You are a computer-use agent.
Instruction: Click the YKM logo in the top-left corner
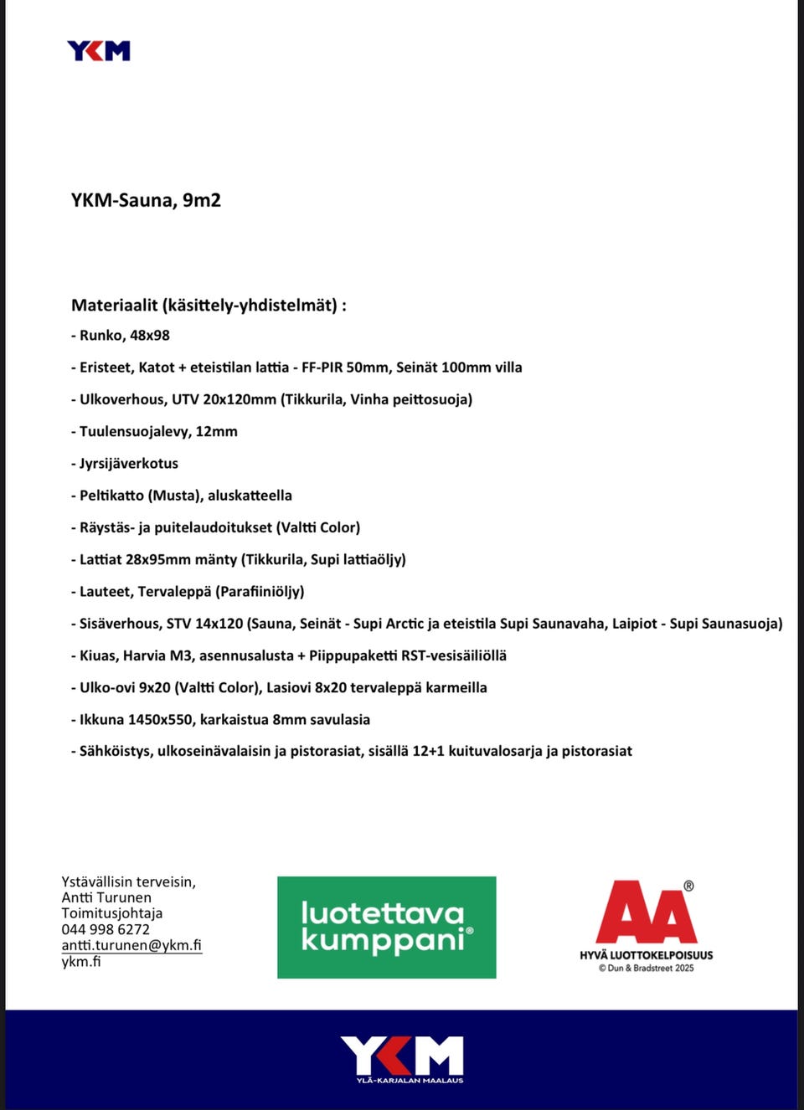point(99,51)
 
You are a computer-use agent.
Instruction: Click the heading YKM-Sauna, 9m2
point(146,200)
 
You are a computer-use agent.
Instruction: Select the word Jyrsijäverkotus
point(129,464)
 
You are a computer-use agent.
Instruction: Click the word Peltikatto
point(111,496)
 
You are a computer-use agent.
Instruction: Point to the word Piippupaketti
point(353,655)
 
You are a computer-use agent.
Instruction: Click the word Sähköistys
point(115,752)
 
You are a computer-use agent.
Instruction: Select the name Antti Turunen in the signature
point(106,897)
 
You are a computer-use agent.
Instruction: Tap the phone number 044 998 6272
point(106,929)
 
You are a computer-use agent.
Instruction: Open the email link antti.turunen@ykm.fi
point(131,945)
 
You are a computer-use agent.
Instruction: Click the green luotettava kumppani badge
point(386,928)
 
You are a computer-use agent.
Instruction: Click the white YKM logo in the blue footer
point(402,1057)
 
